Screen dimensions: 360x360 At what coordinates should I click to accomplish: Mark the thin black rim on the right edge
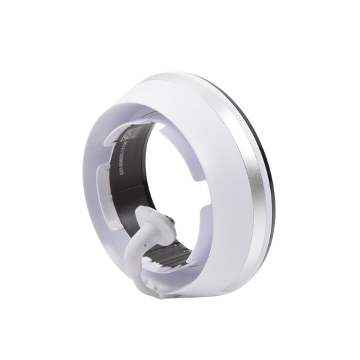click(268, 155)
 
